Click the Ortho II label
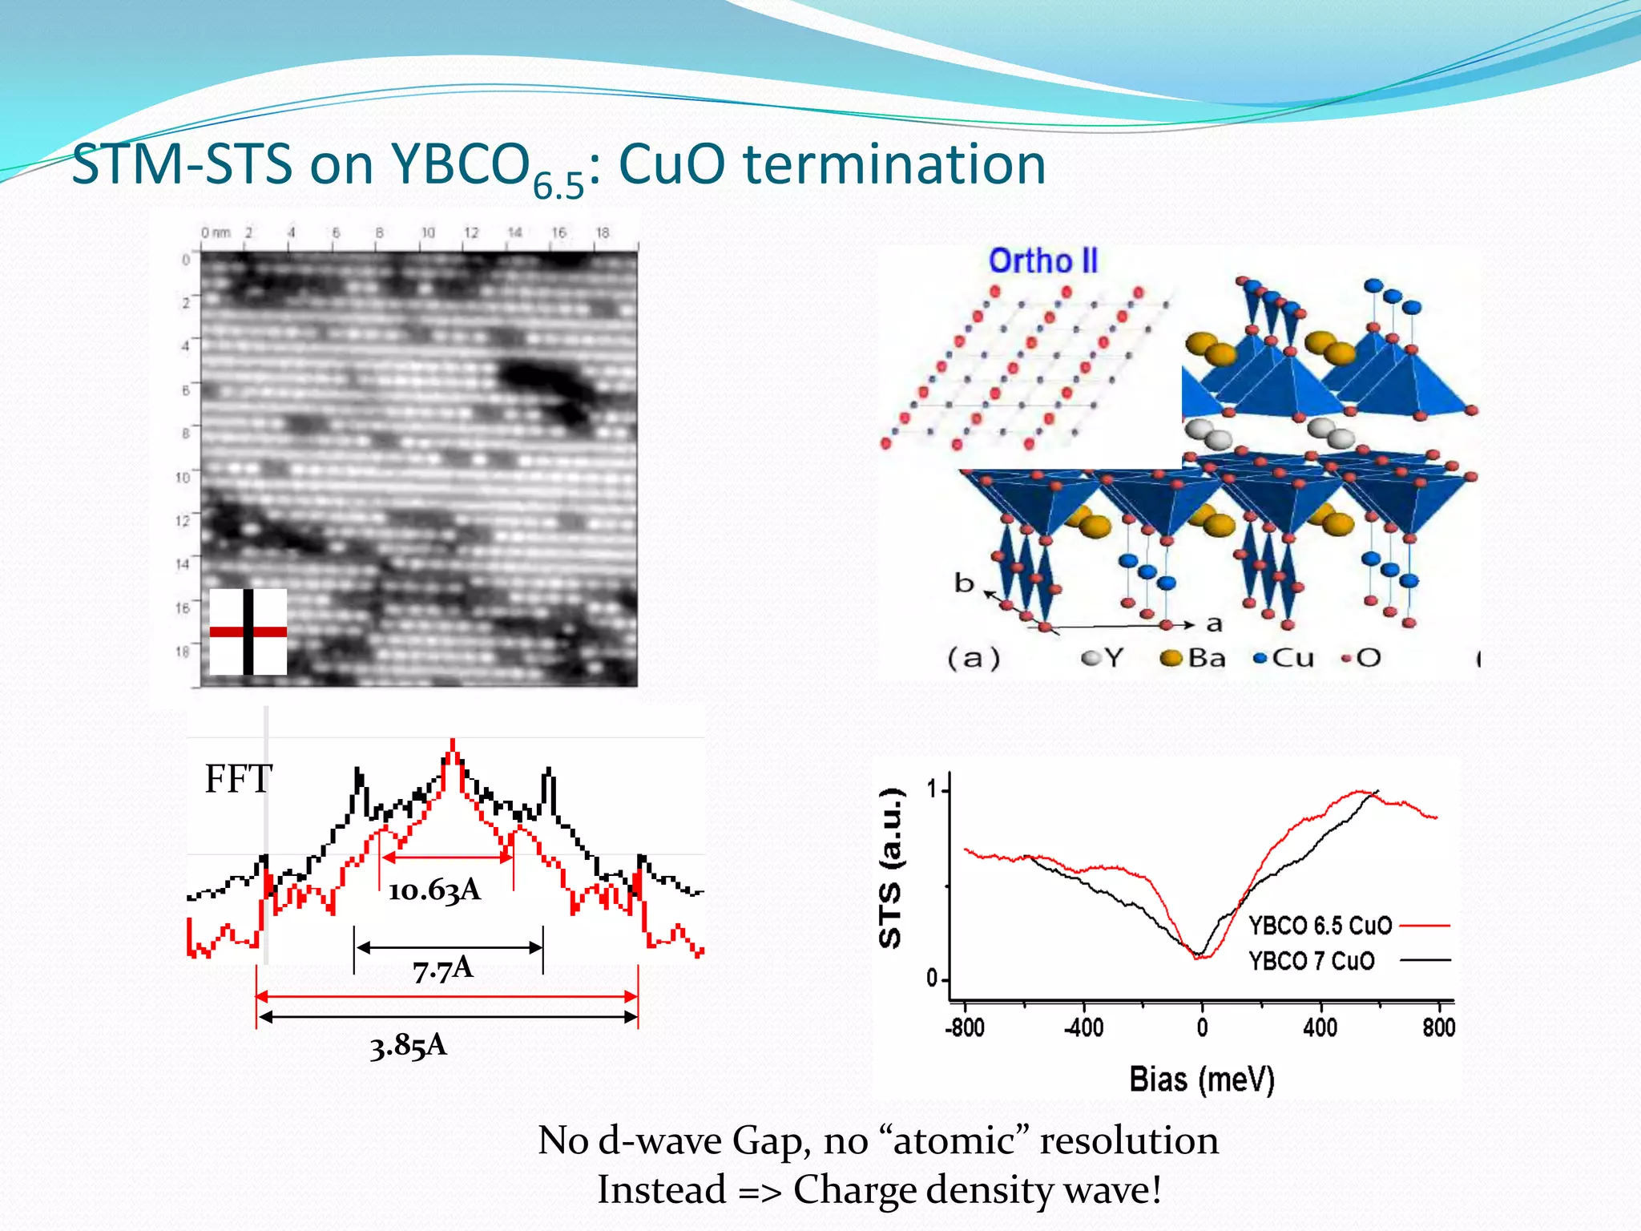point(1042,261)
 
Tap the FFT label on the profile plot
point(238,779)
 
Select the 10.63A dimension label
point(434,890)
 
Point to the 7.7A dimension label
point(443,970)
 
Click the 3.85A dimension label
point(408,1046)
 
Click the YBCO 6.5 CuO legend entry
point(1320,926)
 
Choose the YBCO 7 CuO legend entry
point(1312,960)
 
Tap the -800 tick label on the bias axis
point(965,1027)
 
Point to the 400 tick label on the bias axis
point(1320,1027)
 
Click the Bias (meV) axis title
point(1201,1080)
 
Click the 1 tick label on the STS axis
point(932,789)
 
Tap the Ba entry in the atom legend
point(1195,659)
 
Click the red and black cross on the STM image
point(248,632)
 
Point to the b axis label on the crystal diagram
point(964,583)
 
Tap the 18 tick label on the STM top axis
point(603,232)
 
